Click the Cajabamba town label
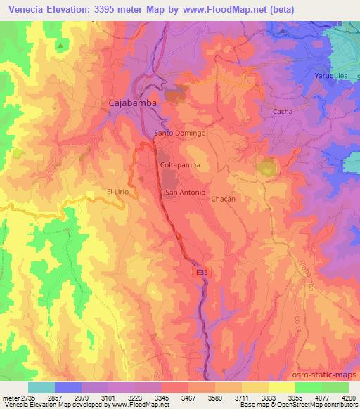[132, 103]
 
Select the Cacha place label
[281, 112]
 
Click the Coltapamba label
[180, 164]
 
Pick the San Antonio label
[185, 193]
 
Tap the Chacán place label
[223, 199]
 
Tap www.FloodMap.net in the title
[227, 8]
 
